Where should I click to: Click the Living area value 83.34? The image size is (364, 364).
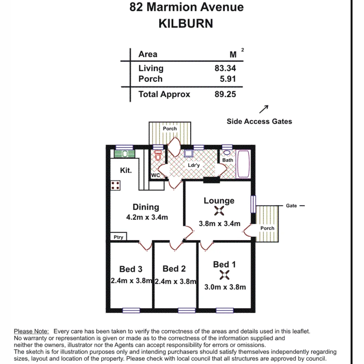(225, 68)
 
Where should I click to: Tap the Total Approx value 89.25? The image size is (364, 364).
(225, 94)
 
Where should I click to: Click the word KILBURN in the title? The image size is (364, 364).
(186, 24)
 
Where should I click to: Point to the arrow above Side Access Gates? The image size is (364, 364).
(264, 109)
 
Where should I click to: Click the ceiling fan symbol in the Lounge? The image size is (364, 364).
(219, 211)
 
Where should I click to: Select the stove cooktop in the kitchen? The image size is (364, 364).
(115, 185)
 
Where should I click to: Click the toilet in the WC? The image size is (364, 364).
(158, 156)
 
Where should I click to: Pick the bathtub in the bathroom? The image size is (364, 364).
(243, 164)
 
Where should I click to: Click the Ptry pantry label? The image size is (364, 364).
(118, 237)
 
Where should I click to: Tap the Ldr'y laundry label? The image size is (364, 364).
(194, 165)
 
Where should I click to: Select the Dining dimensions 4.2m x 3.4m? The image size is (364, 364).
(147, 217)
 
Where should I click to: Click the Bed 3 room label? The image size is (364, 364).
(131, 269)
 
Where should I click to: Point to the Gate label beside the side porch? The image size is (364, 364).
(291, 206)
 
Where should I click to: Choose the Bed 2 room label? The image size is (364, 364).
(174, 269)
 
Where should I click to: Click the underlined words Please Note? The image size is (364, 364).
(31, 331)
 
